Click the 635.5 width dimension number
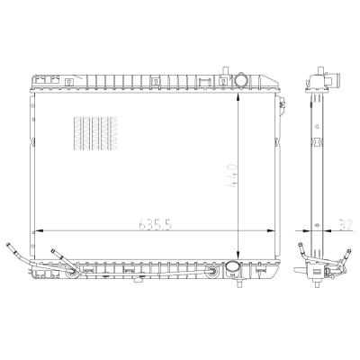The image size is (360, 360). click(x=155, y=224)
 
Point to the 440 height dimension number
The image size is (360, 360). click(x=233, y=175)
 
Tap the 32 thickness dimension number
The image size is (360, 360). click(x=345, y=224)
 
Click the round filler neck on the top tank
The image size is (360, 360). click(x=240, y=79)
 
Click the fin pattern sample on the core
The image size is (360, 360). click(x=95, y=133)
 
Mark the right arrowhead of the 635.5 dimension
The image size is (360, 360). click(x=271, y=231)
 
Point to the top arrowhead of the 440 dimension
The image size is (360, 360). click(x=238, y=97)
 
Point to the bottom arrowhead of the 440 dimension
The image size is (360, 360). click(x=238, y=255)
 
